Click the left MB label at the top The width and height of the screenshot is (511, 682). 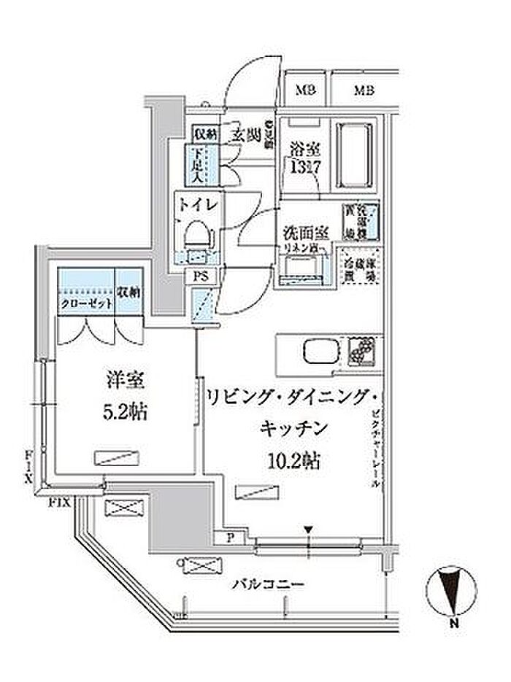pos(305,91)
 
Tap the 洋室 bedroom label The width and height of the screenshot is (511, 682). pos(123,381)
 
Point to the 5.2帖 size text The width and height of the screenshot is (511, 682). pos(123,412)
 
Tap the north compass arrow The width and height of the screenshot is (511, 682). pos(453,590)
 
